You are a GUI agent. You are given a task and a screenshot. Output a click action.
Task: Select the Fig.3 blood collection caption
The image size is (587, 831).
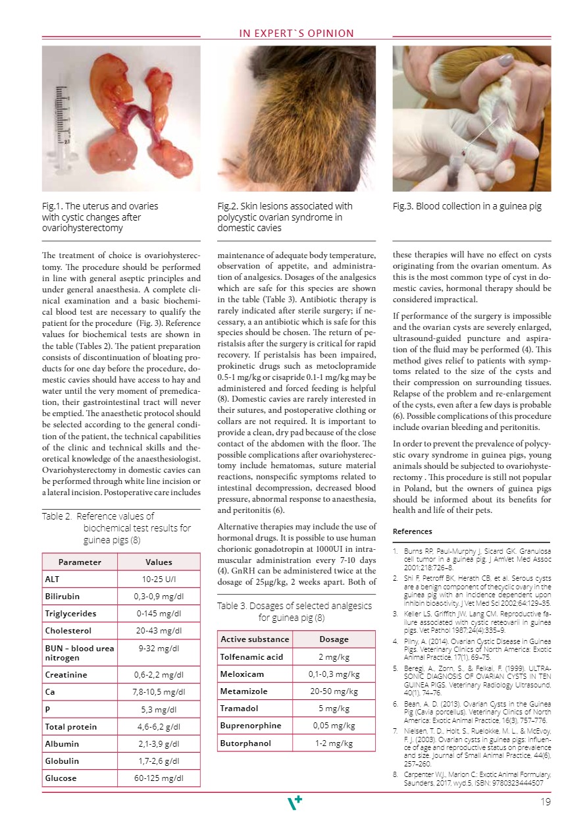click(x=467, y=206)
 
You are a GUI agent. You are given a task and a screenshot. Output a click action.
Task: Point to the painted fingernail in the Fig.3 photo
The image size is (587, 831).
click(x=505, y=60)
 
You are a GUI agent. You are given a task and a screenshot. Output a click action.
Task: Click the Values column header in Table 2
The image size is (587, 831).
click(x=158, y=562)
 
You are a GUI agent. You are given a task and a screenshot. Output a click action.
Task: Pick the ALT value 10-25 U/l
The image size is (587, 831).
click(x=158, y=579)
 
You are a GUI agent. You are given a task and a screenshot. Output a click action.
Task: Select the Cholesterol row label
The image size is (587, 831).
click(x=68, y=630)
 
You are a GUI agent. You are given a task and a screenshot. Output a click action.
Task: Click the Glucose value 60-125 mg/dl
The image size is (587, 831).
click(x=158, y=778)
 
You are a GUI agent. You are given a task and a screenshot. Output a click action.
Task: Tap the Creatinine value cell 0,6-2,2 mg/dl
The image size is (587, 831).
click(x=158, y=675)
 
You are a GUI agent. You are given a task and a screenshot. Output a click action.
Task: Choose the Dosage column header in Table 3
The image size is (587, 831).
click(x=334, y=639)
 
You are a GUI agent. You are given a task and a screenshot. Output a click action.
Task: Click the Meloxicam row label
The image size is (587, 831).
click(x=243, y=674)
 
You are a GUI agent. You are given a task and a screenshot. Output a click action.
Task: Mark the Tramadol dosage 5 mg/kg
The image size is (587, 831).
click(x=334, y=708)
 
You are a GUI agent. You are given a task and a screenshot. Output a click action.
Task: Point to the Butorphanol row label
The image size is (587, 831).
click(x=245, y=743)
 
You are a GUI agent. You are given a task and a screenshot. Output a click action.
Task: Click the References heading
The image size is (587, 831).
click(x=413, y=531)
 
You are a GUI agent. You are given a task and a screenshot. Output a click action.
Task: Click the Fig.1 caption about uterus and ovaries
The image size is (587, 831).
click(x=100, y=217)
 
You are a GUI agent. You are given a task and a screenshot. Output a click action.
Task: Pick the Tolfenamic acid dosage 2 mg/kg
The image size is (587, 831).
click(x=334, y=657)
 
